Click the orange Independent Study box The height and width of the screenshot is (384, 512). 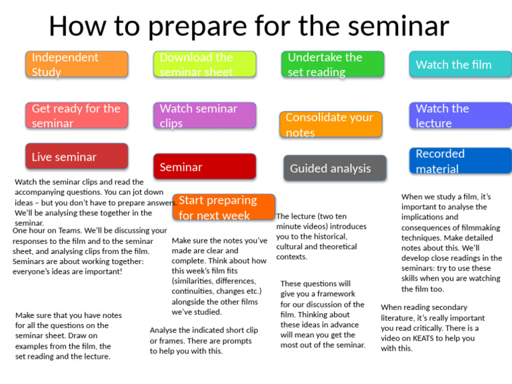pos(77,65)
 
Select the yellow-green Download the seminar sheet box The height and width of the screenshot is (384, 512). pos(205,65)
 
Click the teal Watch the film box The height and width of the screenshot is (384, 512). pos(460,65)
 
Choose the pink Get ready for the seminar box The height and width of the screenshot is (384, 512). pos(77,115)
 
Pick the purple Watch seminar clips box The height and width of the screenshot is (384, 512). pos(205,115)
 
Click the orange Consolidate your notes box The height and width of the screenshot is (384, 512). pos(331,125)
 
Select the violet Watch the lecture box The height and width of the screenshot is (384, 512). pos(460,115)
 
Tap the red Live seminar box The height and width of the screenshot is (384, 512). pos(77,157)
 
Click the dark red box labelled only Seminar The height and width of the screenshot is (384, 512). pos(205,167)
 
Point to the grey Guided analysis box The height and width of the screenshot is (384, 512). pos(335,168)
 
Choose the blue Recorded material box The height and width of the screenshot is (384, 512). pos(460,161)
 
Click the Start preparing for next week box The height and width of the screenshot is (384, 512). pos(224,207)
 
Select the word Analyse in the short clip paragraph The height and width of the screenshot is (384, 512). pos(164,330)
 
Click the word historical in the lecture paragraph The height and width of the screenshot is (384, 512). pos(325,237)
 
